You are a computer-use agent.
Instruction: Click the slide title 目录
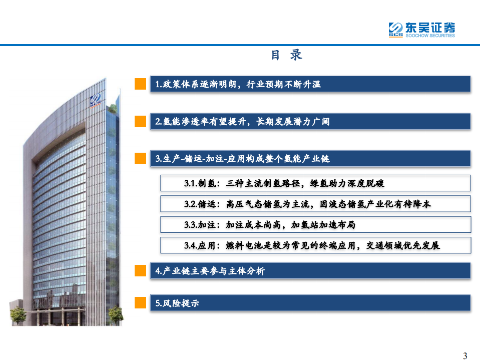point(286,55)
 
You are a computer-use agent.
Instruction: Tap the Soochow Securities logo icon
point(396,29)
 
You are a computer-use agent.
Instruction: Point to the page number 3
point(465,356)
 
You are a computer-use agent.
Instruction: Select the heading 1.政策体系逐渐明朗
point(238,84)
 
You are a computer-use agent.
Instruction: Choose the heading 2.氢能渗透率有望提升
point(242,122)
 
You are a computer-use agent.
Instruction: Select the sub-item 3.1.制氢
point(284,184)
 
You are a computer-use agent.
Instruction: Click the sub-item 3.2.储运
point(307,204)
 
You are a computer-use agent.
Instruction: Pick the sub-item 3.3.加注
point(269,225)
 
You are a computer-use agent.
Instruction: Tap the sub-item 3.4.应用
point(311,245)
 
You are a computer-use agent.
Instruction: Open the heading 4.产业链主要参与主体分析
point(210,271)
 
